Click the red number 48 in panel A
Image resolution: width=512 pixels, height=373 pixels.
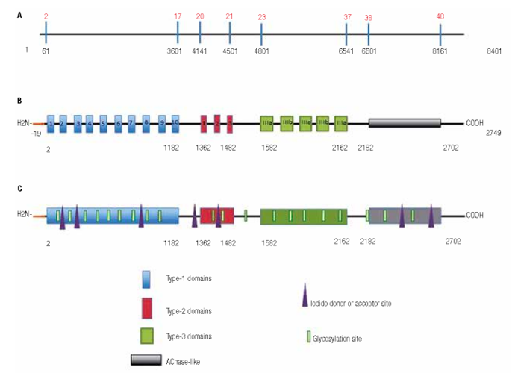click(440, 16)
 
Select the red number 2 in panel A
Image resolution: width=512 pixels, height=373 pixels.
click(46, 16)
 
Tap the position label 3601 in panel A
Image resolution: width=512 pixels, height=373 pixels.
click(177, 51)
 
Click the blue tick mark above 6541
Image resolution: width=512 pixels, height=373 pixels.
click(346, 33)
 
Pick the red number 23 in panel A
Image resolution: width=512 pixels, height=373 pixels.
click(261, 16)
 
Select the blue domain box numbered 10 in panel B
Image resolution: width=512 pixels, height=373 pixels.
click(175, 123)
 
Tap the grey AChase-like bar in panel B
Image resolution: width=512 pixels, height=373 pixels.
click(405, 123)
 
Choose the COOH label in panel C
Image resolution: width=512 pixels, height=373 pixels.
click(475, 215)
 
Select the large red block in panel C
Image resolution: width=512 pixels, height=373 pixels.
click(217, 216)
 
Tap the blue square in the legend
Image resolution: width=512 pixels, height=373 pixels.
click(147, 279)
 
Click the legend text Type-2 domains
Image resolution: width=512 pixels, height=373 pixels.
click(188, 307)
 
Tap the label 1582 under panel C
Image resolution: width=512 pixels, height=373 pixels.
click(270, 242)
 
